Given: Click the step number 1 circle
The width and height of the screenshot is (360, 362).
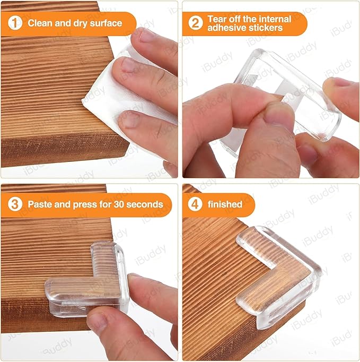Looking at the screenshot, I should pos(14,23).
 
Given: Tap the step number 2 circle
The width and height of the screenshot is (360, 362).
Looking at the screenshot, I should pos(195,23).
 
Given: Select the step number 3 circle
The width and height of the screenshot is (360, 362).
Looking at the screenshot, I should pos(14,204).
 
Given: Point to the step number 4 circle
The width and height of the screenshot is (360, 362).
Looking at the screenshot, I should pos(195,204).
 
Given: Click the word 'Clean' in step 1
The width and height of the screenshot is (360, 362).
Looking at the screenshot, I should pos(40,23).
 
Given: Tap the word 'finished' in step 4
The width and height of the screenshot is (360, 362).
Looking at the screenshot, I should pos(225,204).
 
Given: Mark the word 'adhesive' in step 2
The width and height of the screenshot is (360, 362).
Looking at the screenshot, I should pos(226,28).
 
